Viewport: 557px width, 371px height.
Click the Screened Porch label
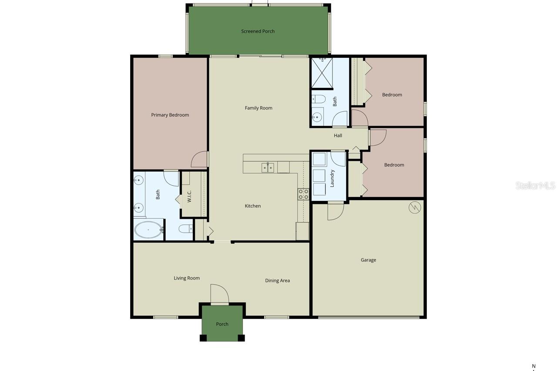258,31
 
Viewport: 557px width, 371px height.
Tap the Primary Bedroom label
170,115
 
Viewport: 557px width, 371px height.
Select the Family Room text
258,108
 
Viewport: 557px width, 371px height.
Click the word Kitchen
252,206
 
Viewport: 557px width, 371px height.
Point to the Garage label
368,260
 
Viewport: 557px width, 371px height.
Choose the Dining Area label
277,281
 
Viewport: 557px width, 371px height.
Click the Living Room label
187,278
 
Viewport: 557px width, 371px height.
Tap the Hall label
338,135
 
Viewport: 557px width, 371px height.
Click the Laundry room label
332,178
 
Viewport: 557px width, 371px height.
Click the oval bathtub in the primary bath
148,229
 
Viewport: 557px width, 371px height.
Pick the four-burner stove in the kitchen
303,194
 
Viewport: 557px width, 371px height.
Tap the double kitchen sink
268,167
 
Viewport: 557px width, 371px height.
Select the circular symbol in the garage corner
415,208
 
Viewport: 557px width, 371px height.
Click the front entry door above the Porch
220,296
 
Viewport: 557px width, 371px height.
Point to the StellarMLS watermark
535,186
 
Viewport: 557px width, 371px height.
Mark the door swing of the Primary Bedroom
199,160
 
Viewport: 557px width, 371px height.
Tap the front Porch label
222,324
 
